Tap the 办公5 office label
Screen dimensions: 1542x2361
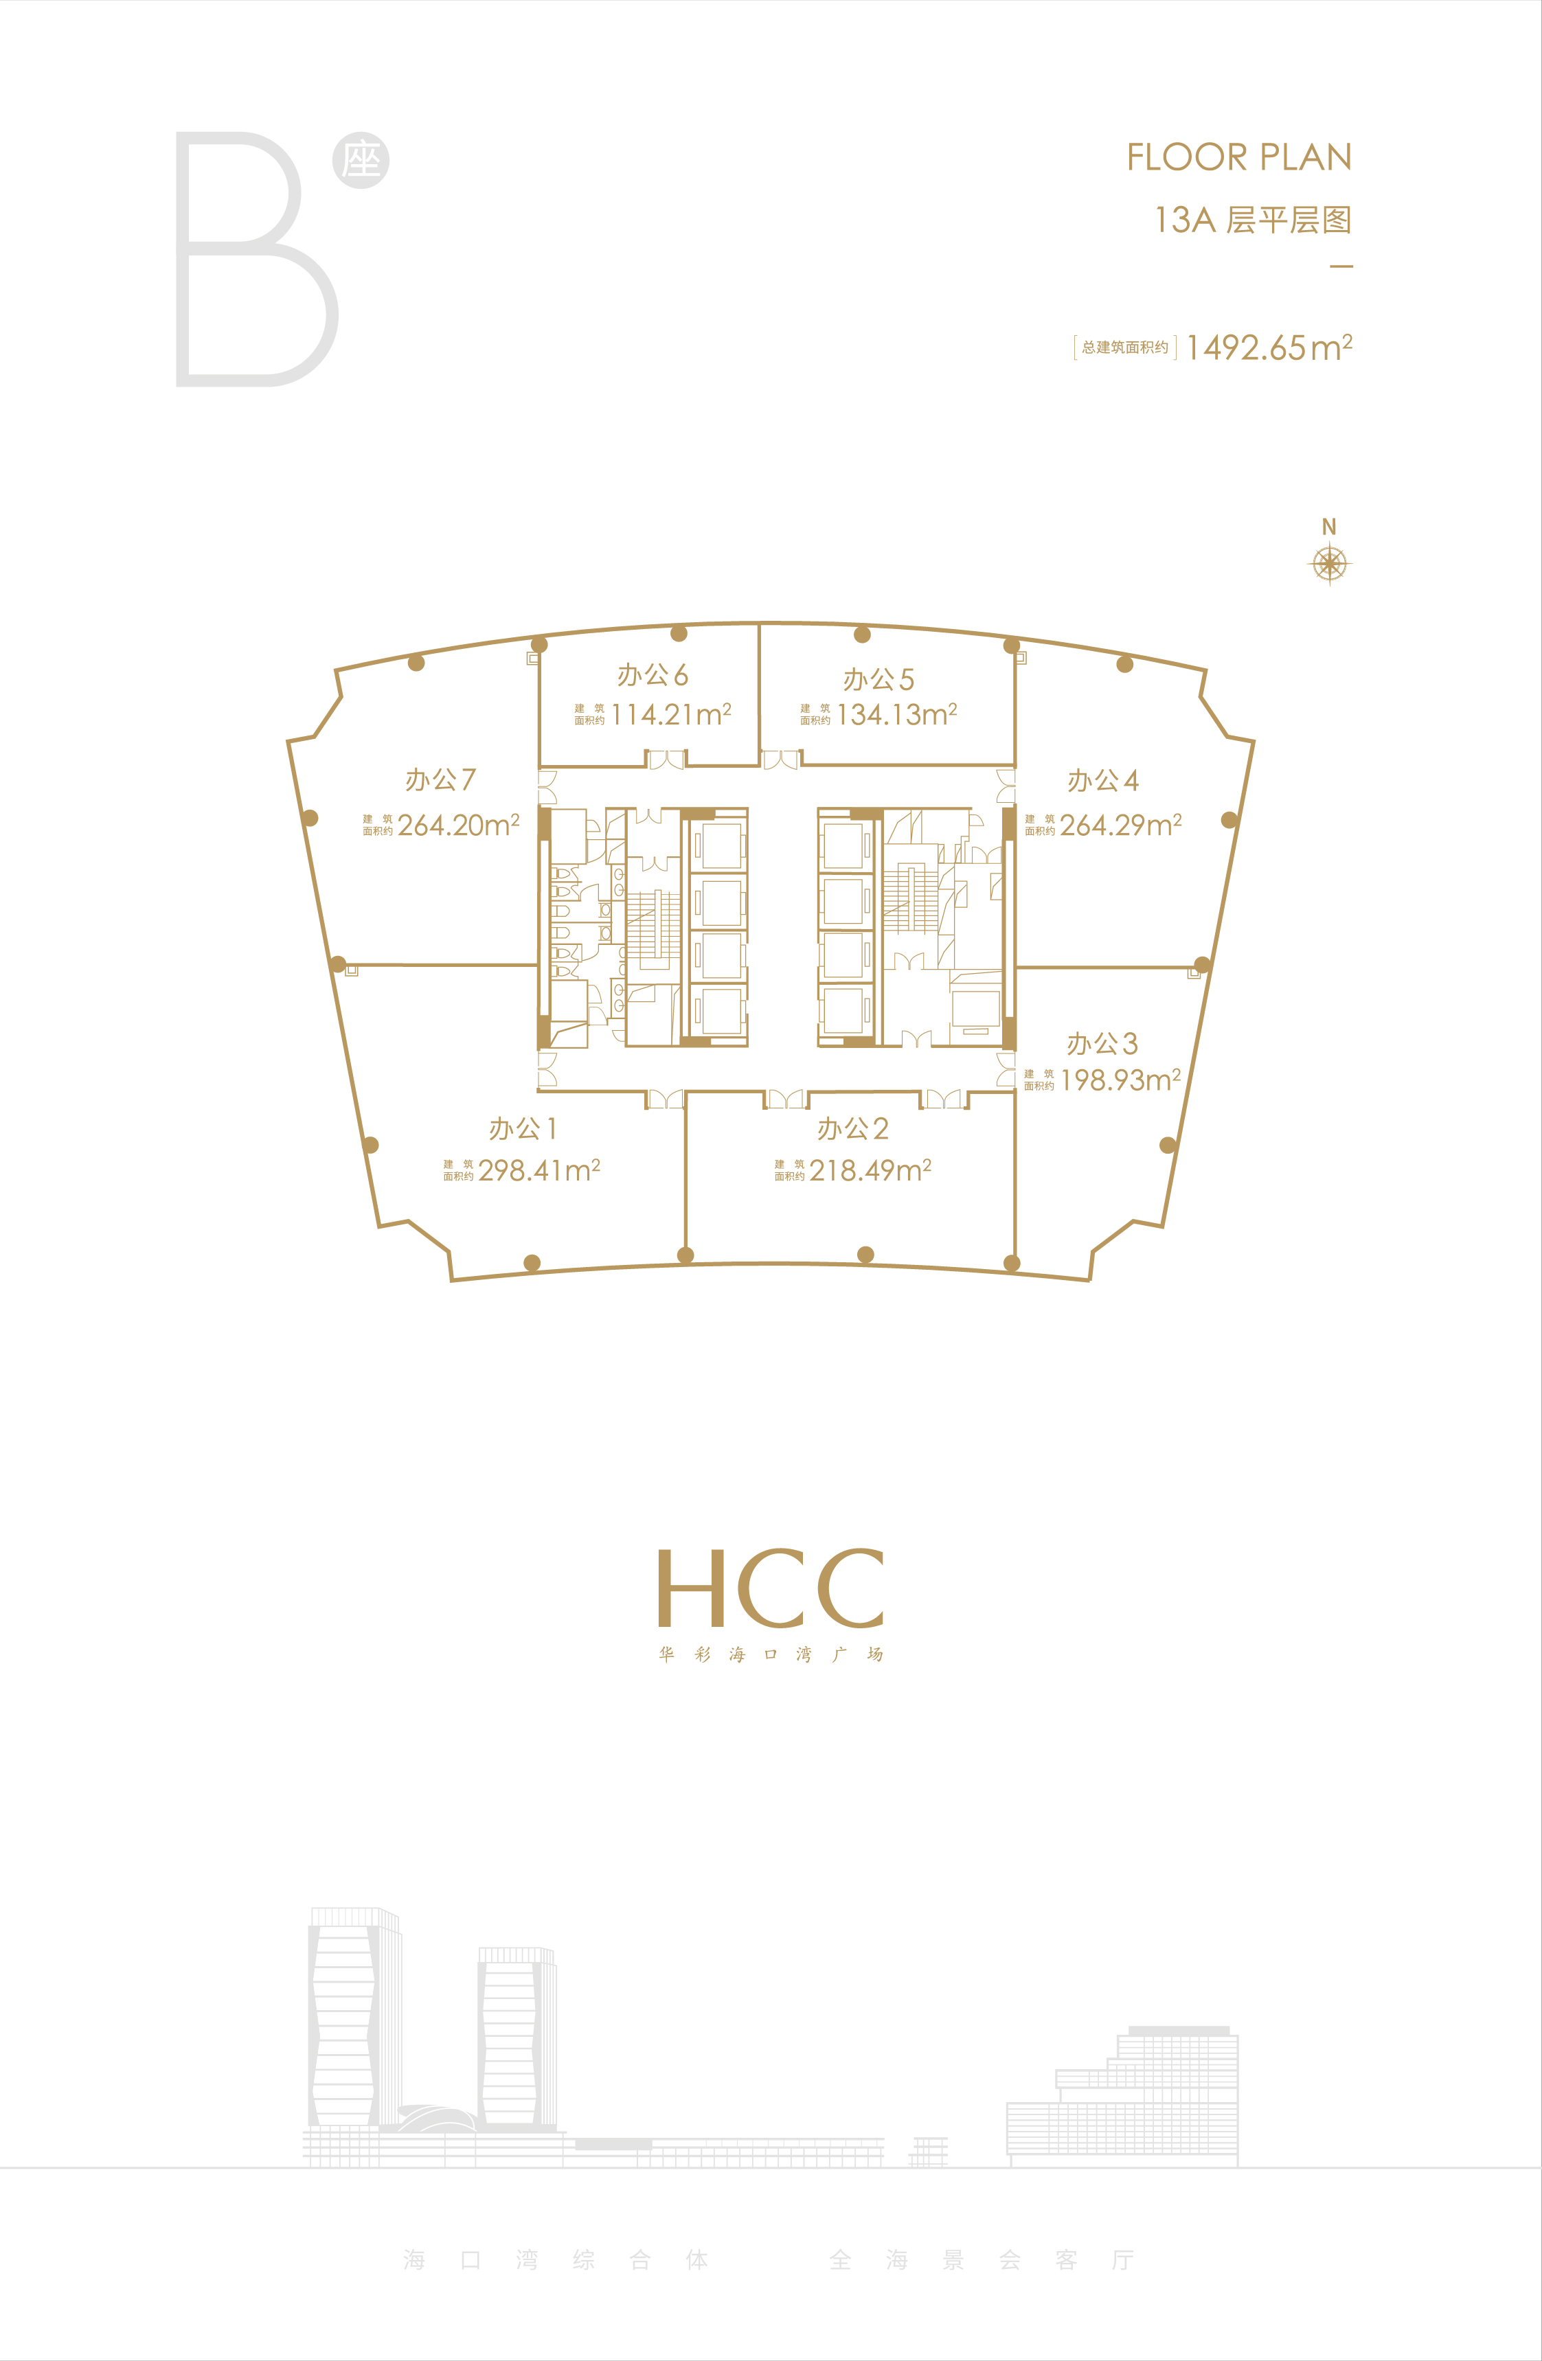click(x=878, y=680)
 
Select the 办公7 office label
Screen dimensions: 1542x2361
click(x=440, y=779)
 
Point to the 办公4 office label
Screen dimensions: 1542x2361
click(x=1102, y=781)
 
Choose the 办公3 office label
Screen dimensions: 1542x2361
click(x=1102, y=1044)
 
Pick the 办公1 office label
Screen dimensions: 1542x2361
click(x=523, y=1129)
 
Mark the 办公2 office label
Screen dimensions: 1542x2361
click(x=852, y=1129)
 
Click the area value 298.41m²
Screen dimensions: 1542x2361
click(x=538, y=1171)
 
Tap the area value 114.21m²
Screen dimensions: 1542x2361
click(x=671, y=714)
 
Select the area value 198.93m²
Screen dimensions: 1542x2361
click(x=1120, y=1080)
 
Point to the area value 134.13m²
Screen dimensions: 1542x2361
click(x=896, y=714)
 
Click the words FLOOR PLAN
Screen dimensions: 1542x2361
click(x=1239, y=157)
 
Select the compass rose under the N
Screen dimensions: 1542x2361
click(x=1330, y=564)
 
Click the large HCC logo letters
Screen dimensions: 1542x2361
click(x=771, y=1588)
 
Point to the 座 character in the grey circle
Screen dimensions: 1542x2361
click(x=361, y=161)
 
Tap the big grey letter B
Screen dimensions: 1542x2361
click(x=257, y=259)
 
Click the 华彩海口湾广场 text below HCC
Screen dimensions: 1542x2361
click(x=771, y=1654)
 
